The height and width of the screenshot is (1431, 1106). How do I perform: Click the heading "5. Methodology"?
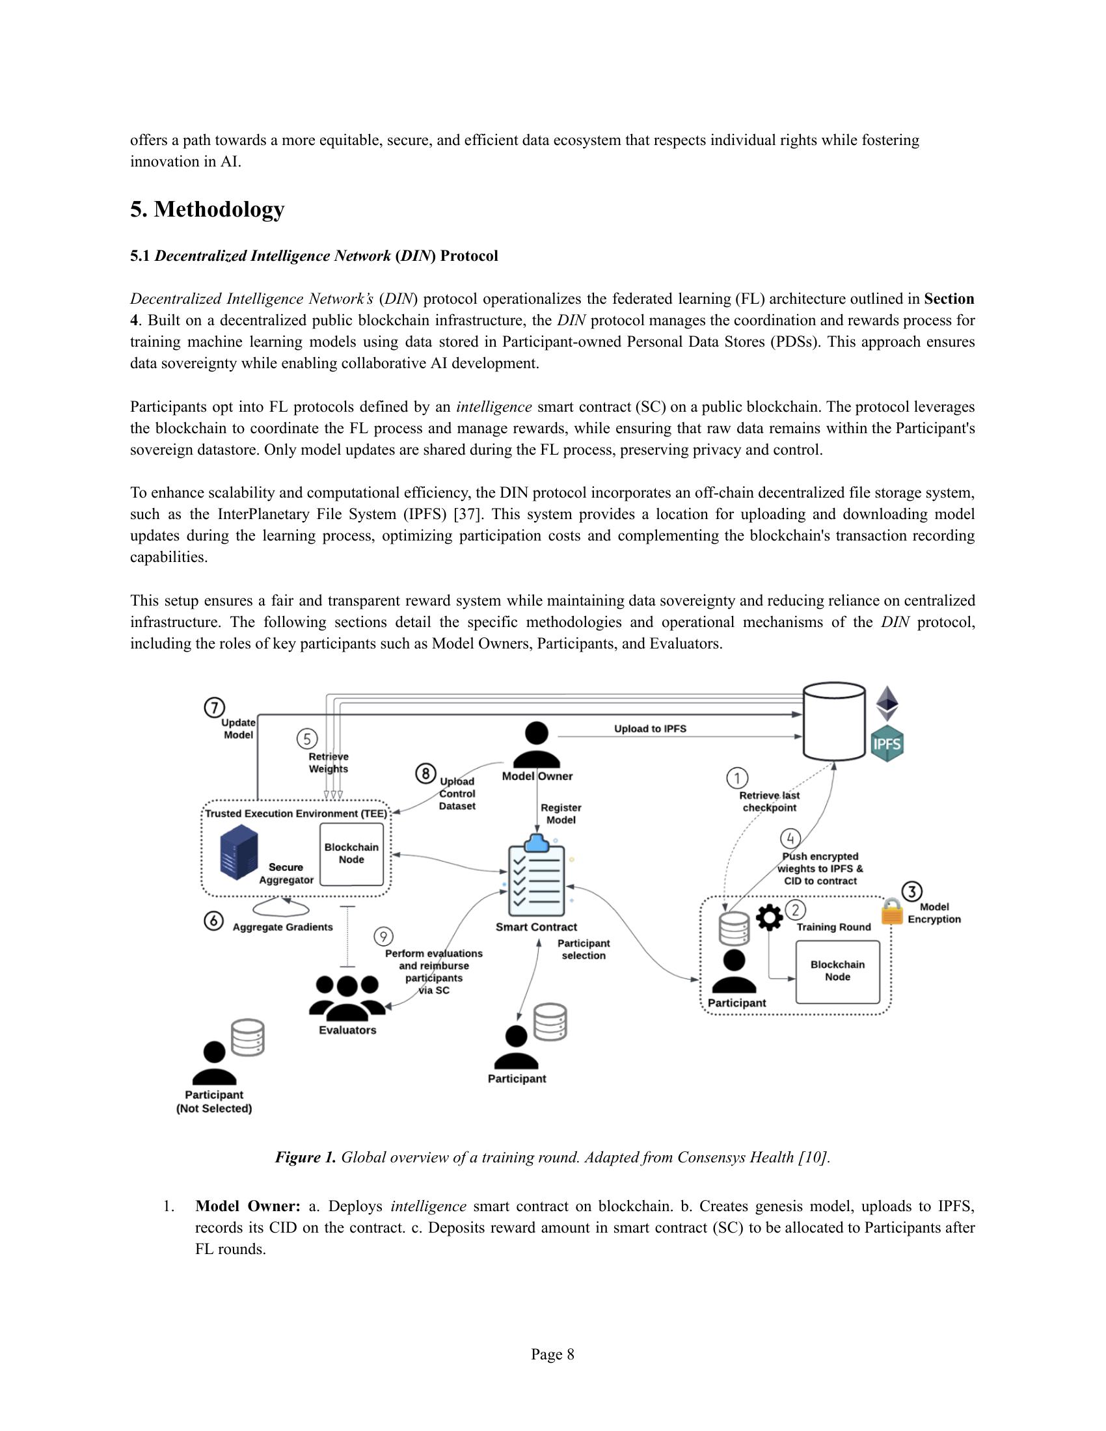coord(207,209)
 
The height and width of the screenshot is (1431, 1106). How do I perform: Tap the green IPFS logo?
coord(887,744)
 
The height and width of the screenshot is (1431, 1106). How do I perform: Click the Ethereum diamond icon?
coord(887,704)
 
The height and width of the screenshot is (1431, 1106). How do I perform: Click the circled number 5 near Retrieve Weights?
coord(307,739)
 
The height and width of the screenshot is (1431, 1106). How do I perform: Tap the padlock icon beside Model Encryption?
coord(893,911)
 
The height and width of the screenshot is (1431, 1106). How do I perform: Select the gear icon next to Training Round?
coord(769,918)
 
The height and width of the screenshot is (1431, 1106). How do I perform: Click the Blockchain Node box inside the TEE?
coord(352,854)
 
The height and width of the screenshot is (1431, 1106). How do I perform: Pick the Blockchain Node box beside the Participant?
coord(837,971)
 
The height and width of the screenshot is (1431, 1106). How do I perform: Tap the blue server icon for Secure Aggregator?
coord(239,853)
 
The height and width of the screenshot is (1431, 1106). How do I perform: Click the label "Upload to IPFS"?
coord(650,729)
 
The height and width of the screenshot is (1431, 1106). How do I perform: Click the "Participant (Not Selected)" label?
coord(214,1101)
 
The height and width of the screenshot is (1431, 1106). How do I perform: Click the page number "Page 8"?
coord(552,1354)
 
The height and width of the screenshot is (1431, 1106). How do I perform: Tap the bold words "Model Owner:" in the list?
coord(248,1206)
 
